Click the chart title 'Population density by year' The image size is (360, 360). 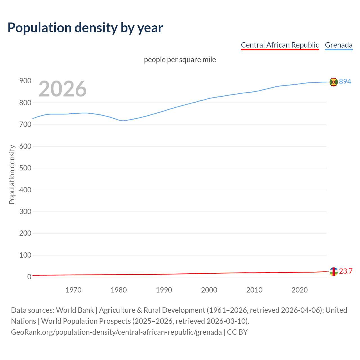(x=85, y=28)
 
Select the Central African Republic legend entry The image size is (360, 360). (x=280, y=45)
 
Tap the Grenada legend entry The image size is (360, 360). (x=339, y=45)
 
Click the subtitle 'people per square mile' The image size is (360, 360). (x=180, y=60)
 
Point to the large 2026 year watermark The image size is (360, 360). (x=62, y=89)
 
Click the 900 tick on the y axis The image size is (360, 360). (x=25, y=81)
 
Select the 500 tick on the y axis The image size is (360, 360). (x=25, y=168)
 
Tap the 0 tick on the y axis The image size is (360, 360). (x=29, y=277)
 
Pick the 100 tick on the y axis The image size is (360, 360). (x=25, y=255)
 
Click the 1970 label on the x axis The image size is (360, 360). (x=73, y=290)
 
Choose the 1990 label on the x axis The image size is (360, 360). (x=164, y=290)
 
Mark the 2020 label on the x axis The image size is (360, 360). (x=300, y=290)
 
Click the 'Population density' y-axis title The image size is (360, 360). (x=12, y=174)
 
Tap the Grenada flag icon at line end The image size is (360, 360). (x=334, y=82)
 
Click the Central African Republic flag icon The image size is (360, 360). (x=334, y=271)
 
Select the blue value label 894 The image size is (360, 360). (x=345, y=82)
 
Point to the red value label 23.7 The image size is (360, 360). (x=346, y=271)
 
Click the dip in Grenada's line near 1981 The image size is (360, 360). (x=123, y=121)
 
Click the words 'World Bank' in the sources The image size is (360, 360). (x=75, y=310)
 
